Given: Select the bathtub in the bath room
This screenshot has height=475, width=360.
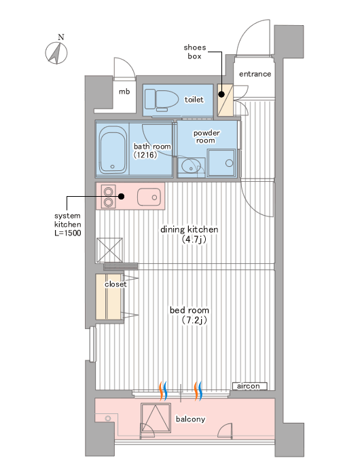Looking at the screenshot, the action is [x=113, y=150].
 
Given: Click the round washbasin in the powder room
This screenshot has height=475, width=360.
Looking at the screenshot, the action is [x=191, y=166].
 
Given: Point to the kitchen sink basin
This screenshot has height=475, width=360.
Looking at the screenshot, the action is [x=149, y=197].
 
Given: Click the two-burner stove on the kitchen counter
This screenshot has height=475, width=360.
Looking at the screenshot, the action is [x=109, y=196].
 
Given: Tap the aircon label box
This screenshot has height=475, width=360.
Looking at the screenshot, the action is [x=250, y=386].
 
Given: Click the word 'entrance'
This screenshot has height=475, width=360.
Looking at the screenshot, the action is [x=255, y=74].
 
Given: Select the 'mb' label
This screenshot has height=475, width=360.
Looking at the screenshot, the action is [x=124, y=91].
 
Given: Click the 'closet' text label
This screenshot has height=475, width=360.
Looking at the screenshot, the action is [x=115, y=284].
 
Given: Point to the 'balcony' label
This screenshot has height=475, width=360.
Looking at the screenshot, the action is [x=190, y=419].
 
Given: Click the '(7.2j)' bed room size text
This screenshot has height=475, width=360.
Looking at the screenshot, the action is [x=194, y=320].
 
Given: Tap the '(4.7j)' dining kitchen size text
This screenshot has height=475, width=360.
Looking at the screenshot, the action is [x=194, y=240].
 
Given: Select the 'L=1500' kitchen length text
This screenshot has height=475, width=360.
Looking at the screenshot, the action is [x=68, y=233].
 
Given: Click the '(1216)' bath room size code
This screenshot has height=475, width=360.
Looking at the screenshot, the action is [x=145, y=155].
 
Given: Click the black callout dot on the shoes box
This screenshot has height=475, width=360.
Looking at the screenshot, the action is [x=221, y=94].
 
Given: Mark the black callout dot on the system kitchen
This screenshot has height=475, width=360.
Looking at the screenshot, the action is [x=122, y=196].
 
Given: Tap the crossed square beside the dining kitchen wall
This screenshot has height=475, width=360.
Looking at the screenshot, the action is [x=109, y=250].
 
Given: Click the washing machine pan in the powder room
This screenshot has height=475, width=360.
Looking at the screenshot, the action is [x=221, y=162].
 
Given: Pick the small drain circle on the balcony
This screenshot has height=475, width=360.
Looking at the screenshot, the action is [x=108, y=419].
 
